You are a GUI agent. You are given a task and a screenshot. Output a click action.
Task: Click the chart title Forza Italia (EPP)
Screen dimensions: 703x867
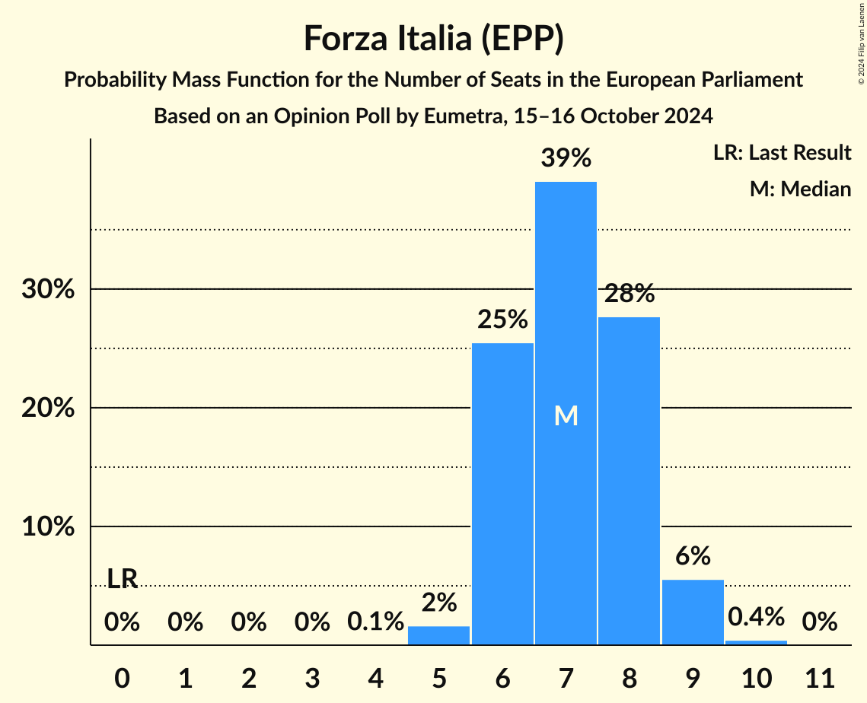(x=433, y=38)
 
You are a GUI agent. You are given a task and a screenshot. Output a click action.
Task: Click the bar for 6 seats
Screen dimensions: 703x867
(x=502, y=495)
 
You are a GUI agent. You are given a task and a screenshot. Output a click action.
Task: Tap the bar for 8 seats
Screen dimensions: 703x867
(x=629, y=479)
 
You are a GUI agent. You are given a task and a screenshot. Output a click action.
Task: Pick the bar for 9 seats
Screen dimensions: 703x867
(x=693, y=612)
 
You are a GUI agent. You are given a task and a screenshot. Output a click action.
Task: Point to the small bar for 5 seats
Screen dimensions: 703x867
(x=439, y=635)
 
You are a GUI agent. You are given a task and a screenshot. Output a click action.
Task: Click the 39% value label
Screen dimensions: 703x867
(x=566, y=158)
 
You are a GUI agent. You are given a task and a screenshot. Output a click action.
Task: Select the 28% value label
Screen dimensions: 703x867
(x=629, y=294)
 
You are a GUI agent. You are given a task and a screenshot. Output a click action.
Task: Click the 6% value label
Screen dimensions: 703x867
(x=693, y=556)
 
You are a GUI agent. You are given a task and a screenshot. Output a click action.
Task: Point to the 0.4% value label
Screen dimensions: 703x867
(x=756, y=616)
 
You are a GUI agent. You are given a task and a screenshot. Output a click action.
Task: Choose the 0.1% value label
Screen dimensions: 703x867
(x=375, y=622)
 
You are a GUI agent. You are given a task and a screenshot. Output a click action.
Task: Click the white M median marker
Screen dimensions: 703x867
(x=566, y=415)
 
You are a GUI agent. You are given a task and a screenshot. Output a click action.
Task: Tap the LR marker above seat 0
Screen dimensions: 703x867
(x=122, y=579)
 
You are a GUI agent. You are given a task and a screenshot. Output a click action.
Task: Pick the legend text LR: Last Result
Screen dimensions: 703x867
(x=782, y=153)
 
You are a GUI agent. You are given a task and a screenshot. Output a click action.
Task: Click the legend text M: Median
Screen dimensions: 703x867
(x=800, y=189)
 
